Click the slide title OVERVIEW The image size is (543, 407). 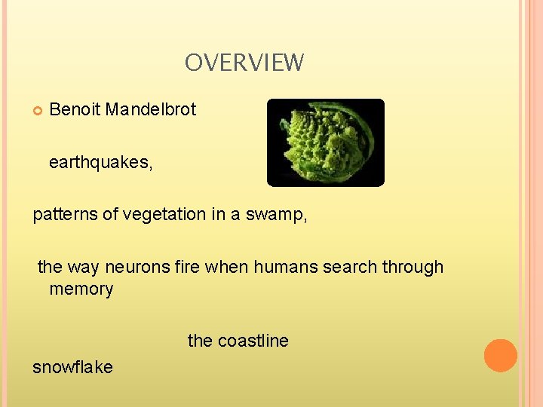click(244, 63)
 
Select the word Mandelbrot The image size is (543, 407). click(151, 109)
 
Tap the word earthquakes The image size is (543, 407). click(100, 163)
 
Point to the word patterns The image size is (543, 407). click(65, 214)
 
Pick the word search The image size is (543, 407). click(351, 267)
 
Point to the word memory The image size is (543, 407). click(81, 289)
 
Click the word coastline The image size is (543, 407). click(253, 341)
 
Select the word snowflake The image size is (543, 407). click(72, 367)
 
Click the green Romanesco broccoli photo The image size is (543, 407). click(325, 142)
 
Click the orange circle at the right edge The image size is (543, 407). click(500, 356)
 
